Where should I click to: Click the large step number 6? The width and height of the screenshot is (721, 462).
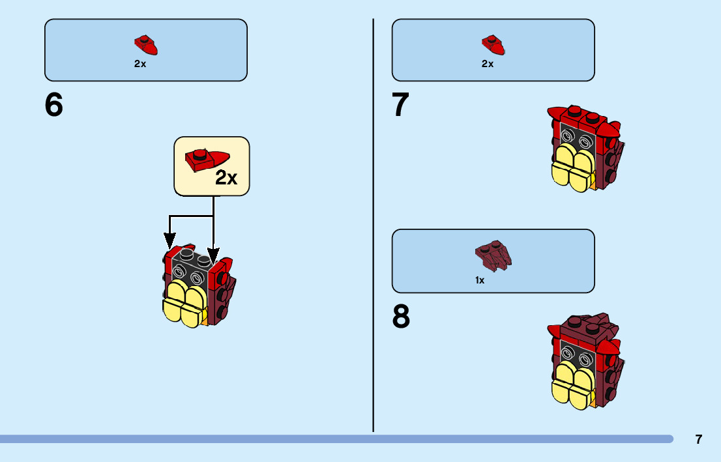pyautogui.click(x=54, y=106)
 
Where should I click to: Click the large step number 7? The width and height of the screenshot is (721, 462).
pyautogui.click(x=401, y=106)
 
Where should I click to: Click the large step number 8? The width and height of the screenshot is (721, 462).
pyautogui.click(x=402, y=317)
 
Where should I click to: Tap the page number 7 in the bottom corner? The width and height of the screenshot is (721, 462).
pyautogui.click(x=699, y=439)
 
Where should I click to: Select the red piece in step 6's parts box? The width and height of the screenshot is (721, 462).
pyautogui.click(x=146, y=44)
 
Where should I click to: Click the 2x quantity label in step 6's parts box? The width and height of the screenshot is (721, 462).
pyautogui.click(x=140, y=64)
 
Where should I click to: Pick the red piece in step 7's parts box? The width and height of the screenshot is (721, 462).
pyautogui.click(x=493, y=44)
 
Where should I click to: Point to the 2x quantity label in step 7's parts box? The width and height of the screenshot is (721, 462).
pyautogui.click(x=488, y=64)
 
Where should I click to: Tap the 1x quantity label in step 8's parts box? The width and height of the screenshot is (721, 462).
pyautogui.click(x=480, y=280)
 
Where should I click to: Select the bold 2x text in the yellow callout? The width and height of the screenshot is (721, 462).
pyautogui.click(x=226, y=178)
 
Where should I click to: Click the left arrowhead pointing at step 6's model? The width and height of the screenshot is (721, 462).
pyautogui.click(x=169, y=242)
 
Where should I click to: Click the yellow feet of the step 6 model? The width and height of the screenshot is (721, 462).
pyautogui.click(x=183, y=306)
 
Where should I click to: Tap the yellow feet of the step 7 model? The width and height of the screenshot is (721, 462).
pyautogui.click(x=572, y=169)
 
